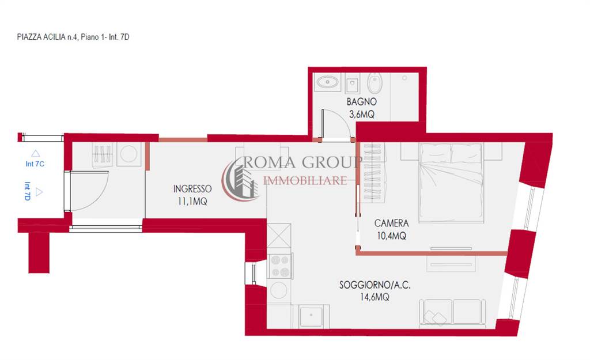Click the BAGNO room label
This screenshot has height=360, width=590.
[361, 101]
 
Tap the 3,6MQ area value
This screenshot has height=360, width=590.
[362, 115]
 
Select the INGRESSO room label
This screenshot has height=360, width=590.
[192, 189]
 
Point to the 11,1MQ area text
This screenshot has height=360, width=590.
[192, 202]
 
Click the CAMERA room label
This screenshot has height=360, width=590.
[391, 223]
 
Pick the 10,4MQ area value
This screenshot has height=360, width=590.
[391, 236]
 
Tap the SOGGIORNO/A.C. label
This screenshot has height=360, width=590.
[375, 285]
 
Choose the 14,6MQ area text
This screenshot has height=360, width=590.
[375, 297]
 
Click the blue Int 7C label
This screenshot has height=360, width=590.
[35, 164]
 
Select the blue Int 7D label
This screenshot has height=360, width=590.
[28, 191]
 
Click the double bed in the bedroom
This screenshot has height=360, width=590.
[451, 182]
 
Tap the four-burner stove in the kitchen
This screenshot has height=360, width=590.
[280, 266]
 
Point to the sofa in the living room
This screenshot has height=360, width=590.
[452, 312]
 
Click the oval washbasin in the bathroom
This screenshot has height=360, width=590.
[327, 82]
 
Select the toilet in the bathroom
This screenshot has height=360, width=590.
[375, 83]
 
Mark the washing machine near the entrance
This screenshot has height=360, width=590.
[128, 154]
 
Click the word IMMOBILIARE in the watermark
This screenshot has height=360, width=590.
[305, 181]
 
